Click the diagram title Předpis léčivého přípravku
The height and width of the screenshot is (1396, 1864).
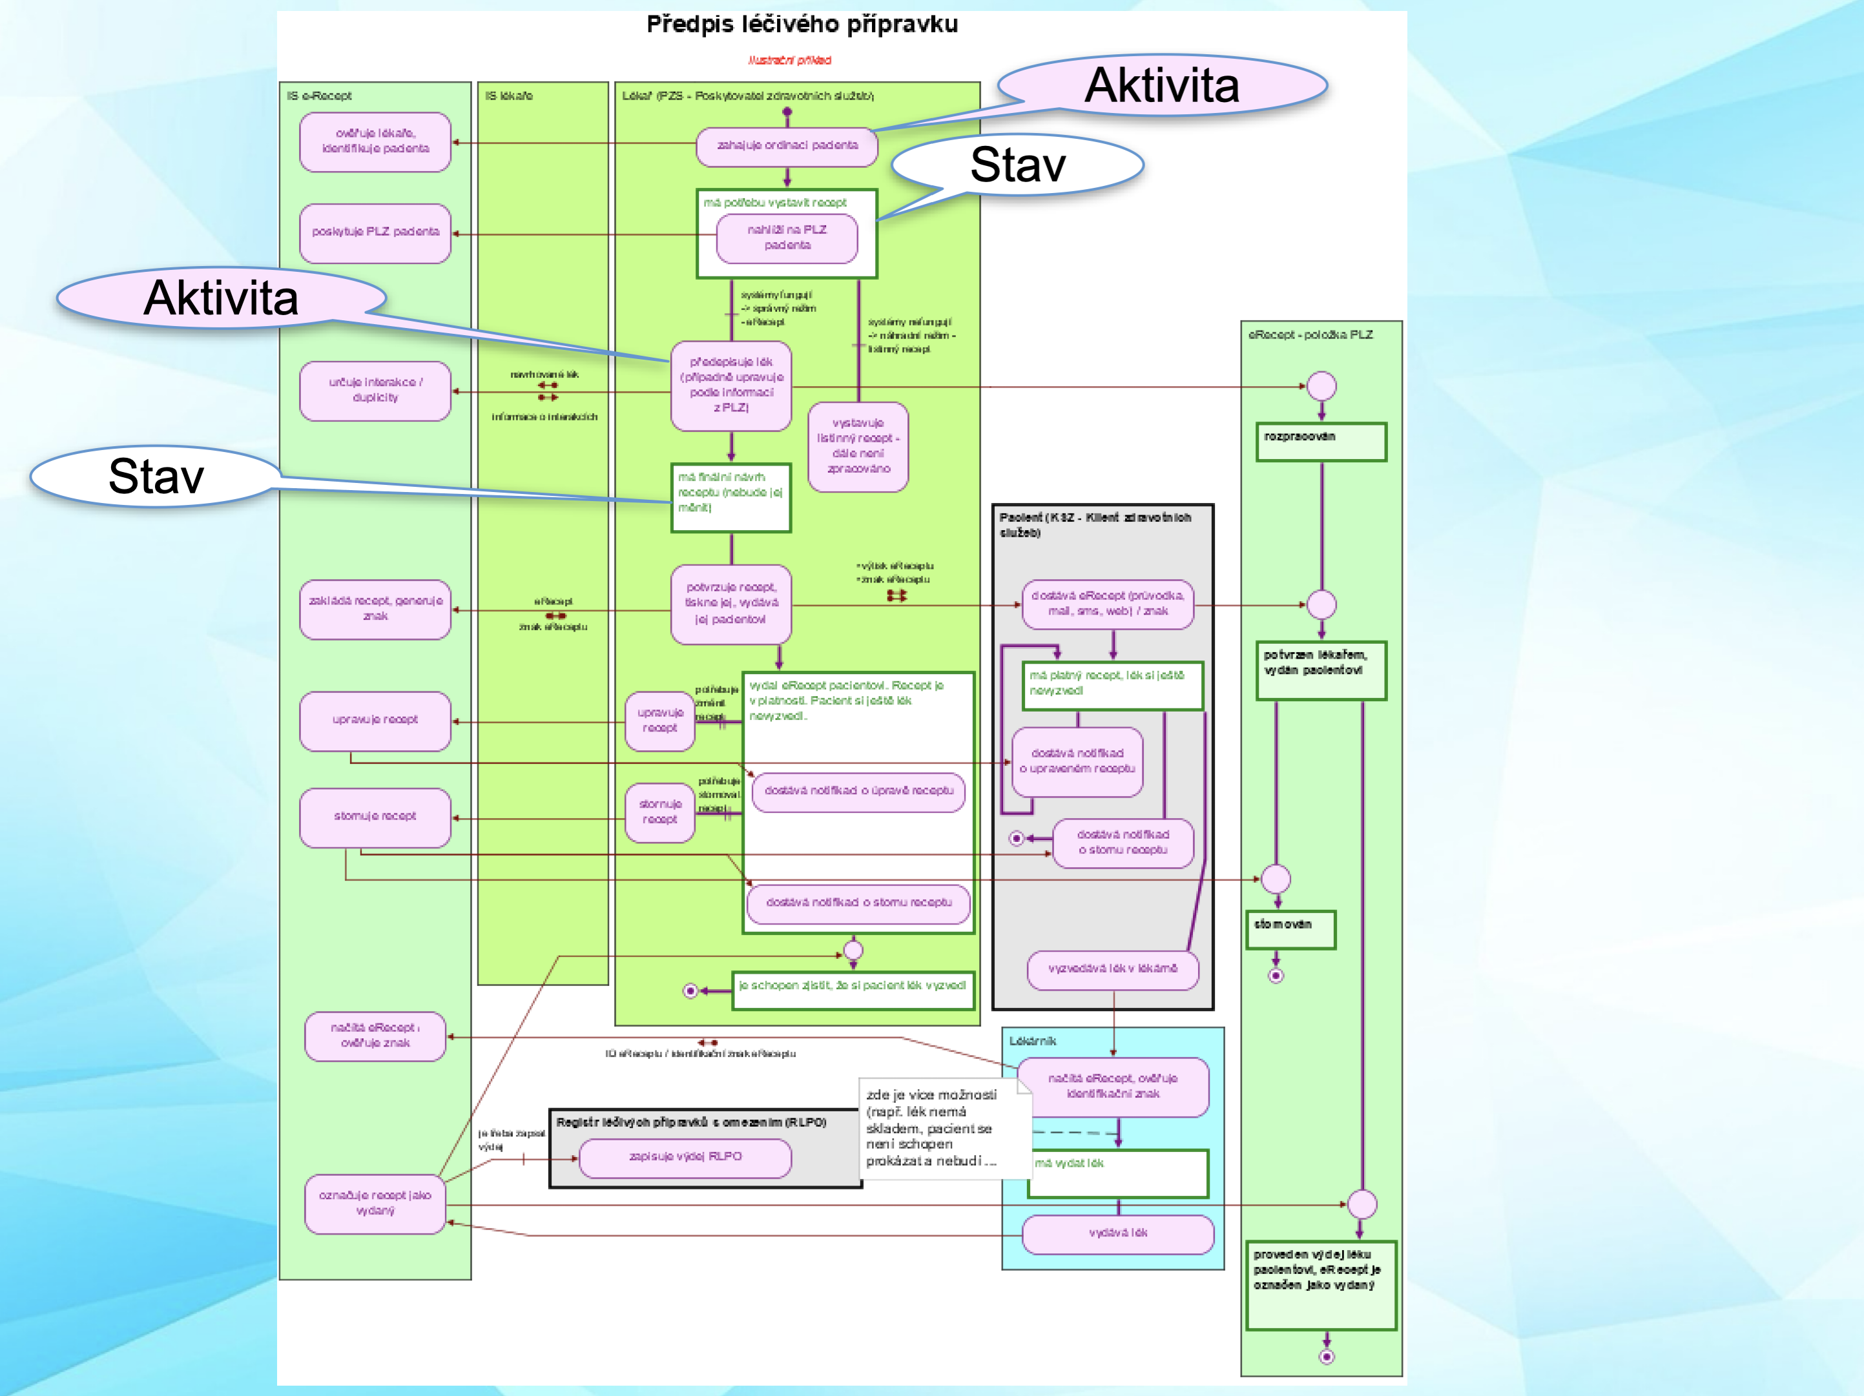pos(802,25)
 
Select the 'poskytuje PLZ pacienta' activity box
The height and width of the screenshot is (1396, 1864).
pos(375,232)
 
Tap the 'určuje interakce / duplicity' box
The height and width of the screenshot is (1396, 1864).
pos(375,390)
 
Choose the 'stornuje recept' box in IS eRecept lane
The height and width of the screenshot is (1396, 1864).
pos(375,816)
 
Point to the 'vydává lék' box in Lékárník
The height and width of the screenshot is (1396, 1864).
pos(1117,1233)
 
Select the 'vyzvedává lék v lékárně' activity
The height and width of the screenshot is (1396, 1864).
pos(1112,969)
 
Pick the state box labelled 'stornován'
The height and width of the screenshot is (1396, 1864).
pos(1290,929)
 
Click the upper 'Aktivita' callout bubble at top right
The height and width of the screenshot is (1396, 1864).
pos(1162,85)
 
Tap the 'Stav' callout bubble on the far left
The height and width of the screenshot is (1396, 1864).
pos(156,476)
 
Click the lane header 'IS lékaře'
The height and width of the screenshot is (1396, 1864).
pos(509,96)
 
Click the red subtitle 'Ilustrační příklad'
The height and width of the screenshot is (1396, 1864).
pos(790,61)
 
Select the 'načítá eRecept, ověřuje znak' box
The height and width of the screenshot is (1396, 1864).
pos(375,1036)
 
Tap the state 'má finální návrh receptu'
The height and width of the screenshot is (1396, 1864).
pos(730,497)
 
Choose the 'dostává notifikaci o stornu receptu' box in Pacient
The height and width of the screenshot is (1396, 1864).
pos(1123,843)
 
